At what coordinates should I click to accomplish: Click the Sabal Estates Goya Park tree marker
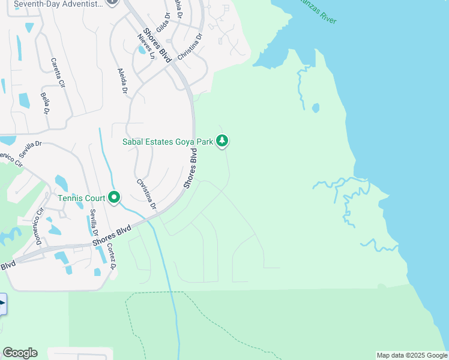(223, 142)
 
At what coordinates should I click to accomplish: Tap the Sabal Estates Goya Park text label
(169, 142)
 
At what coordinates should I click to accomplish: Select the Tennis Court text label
(82, 198)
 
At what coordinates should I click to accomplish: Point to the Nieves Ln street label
(146, 46)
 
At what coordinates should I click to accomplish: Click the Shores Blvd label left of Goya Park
(191, 172)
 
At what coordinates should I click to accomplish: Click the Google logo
(20, 353)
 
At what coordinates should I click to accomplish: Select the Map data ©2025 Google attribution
(412, 355)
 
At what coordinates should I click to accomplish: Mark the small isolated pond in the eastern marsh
(316, 109)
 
